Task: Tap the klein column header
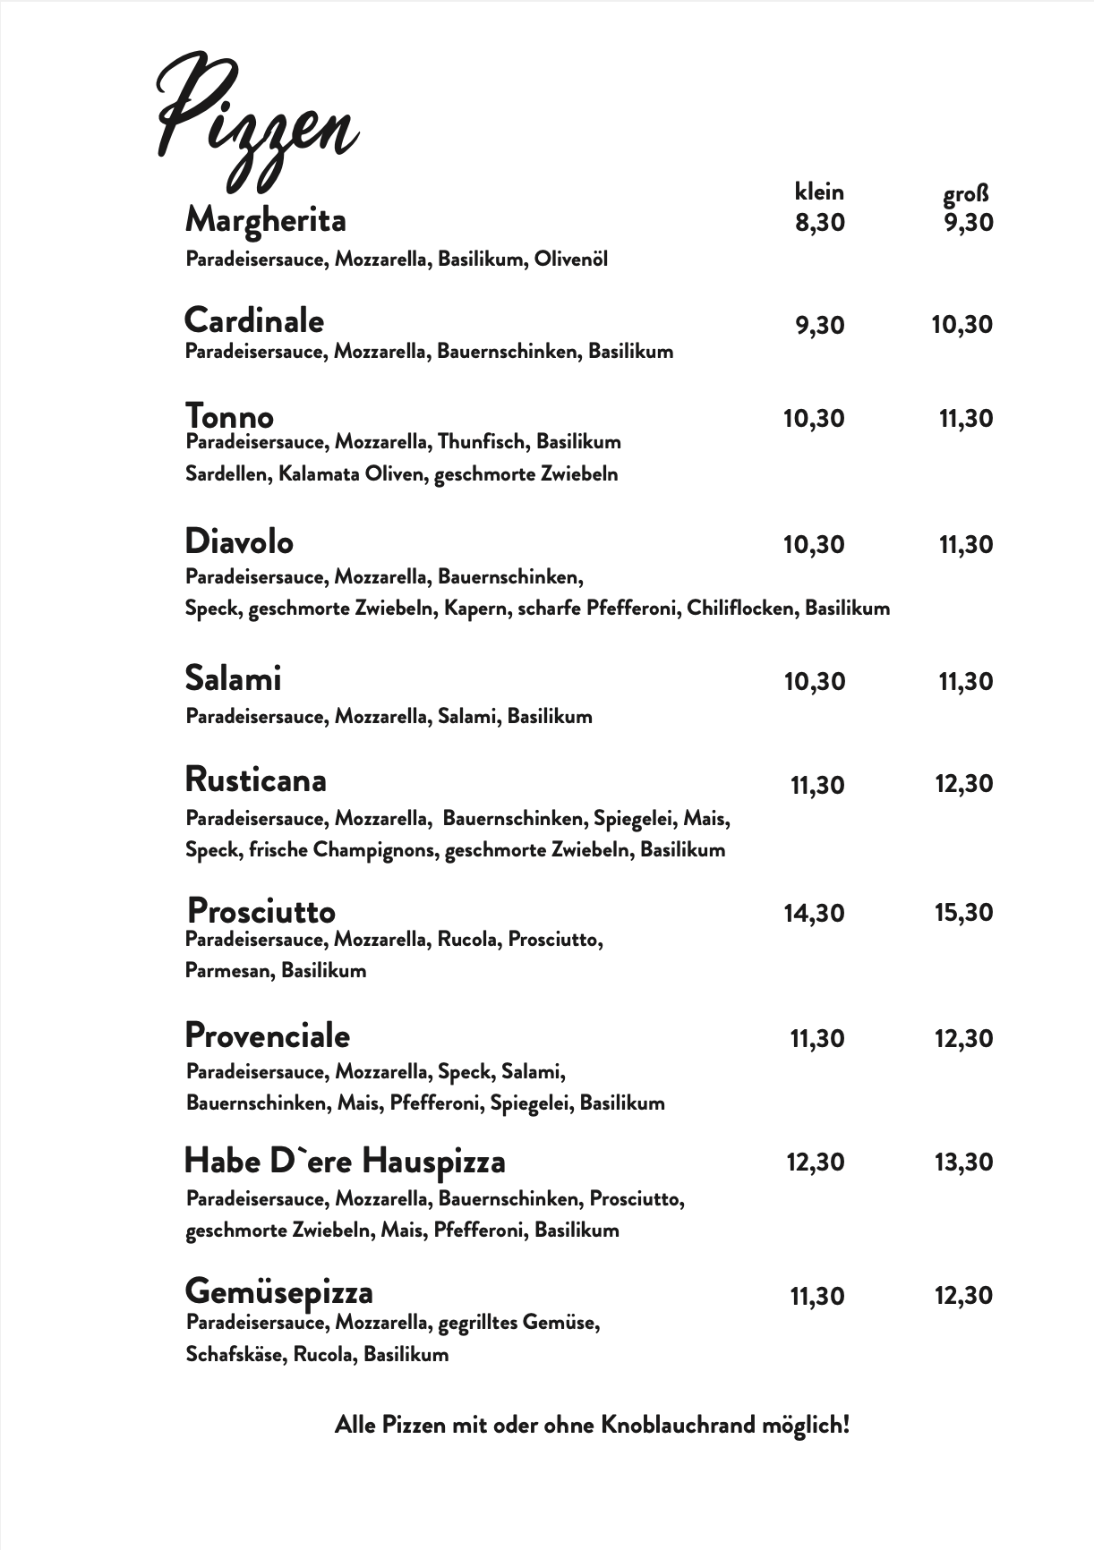coord(819,192)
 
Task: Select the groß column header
coord(966,194)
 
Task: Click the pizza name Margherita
coord(265,220)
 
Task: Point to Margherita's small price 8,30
coord(820,222)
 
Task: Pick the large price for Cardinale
coord(962,324)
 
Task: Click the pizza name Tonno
coord(229,416)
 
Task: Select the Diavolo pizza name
coord(239,541)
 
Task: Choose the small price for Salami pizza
coord(815,682)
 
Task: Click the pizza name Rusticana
coord(255,779)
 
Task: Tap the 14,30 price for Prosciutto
coord(815,913)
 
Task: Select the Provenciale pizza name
coord(267,1035)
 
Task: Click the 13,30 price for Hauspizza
coord(964,1162)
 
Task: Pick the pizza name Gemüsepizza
coord(278,1291)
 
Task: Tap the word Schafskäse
coord(235,1354)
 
